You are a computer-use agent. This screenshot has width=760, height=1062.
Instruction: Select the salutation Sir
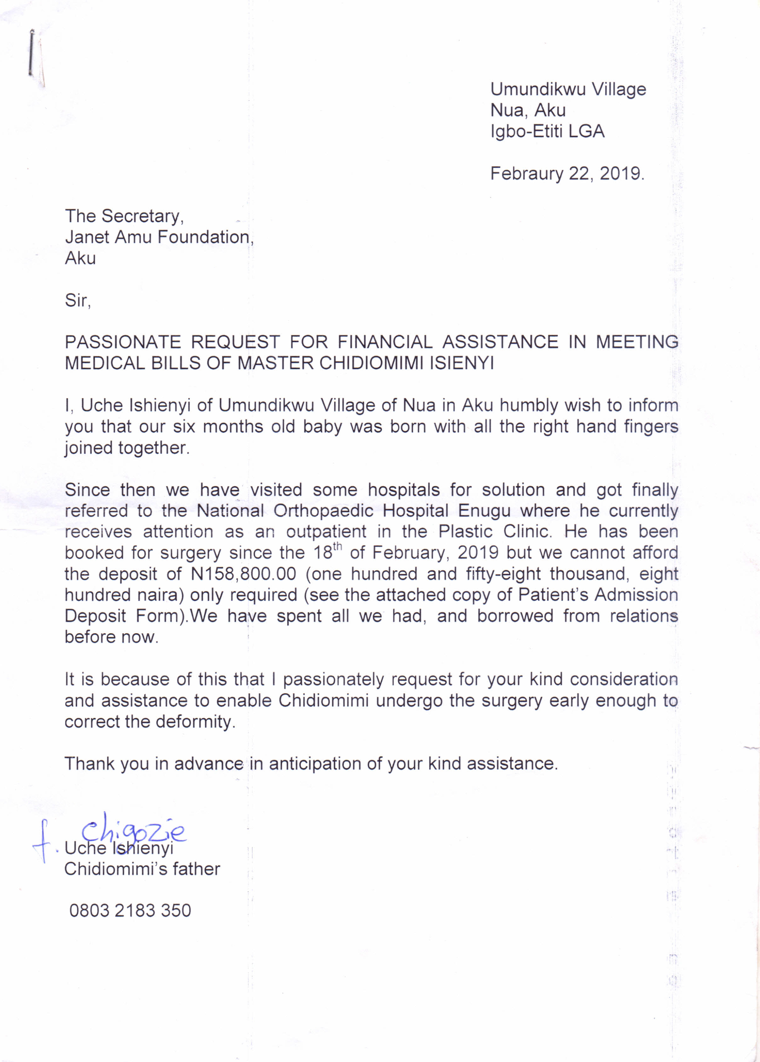click(77, 300)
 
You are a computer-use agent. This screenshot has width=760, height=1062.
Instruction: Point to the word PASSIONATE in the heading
click(123, 342)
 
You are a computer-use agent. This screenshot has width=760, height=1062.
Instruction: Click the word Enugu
click(484, 511)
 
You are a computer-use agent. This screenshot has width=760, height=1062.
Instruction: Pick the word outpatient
click(326, 532)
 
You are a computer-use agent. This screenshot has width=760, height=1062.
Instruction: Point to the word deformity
click(195, 721)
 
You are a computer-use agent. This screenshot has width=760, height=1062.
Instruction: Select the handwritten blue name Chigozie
click(133, 832)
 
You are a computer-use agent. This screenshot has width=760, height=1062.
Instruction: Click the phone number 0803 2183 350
click(130, 910)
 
